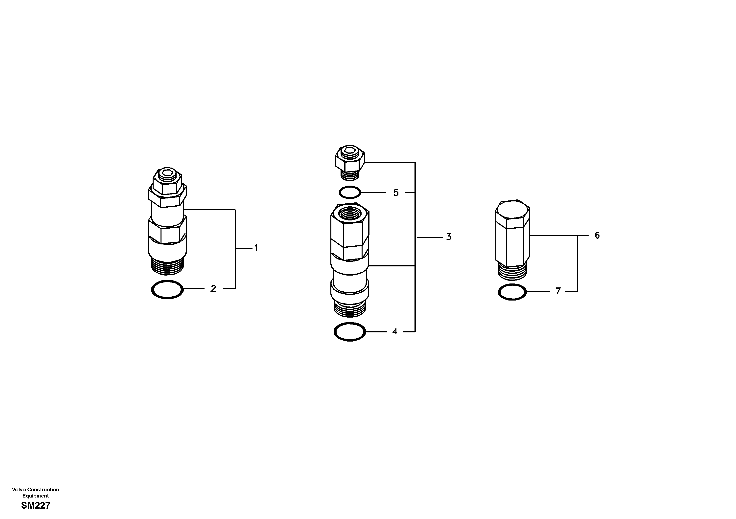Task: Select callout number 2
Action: (213, 289)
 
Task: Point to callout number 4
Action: (395, 332)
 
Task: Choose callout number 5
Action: (396, 193)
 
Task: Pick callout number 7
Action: (558, 291)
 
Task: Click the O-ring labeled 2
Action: (167, 290)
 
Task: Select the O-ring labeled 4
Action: (350, 332)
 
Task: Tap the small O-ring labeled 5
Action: (350, 193)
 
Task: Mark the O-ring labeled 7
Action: (512, 292)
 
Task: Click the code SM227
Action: (36, 506)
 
